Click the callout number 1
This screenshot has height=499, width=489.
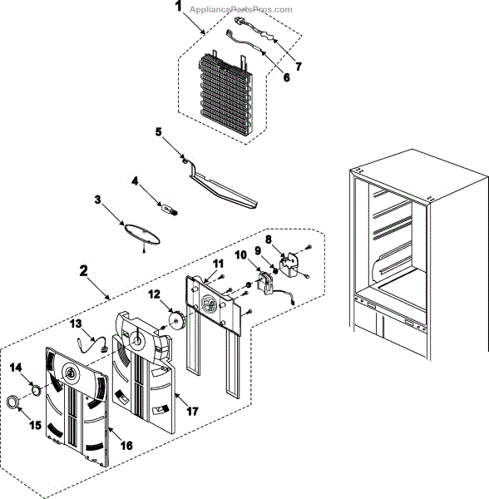pos(179,7)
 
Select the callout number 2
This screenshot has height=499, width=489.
pos(83,271)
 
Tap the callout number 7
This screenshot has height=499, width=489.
pos(298,67)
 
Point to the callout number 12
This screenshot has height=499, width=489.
pos(154,294)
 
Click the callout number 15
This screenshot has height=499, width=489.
pos(35,425)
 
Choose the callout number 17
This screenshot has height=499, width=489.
pos(192,412)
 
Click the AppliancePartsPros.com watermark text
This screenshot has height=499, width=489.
pos(241,9)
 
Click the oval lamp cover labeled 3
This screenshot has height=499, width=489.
pos(141,234)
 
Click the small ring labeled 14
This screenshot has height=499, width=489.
pos(36,390)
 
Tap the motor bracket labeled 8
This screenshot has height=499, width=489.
pos(289,264)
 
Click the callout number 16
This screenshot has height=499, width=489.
pos(126,445)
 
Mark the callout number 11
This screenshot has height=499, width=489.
pos(218,264)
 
